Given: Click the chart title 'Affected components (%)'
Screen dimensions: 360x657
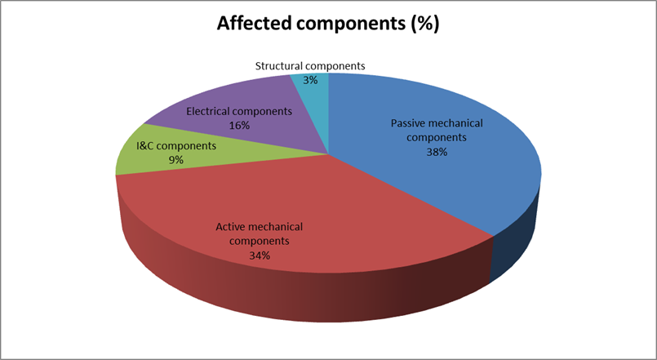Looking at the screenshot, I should point(327,24).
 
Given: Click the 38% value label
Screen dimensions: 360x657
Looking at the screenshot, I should point(437,152).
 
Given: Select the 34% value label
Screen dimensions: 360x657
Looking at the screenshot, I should point(260,256).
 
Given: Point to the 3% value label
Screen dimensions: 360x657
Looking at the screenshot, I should point(310,80).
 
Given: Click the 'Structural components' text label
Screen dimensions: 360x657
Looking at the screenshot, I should point(310,65).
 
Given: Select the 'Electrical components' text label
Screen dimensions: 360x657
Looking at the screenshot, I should point(239,110).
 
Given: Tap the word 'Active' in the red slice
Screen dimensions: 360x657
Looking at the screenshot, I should point(232,226).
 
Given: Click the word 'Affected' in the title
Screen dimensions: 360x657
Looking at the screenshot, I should point(254,24).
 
